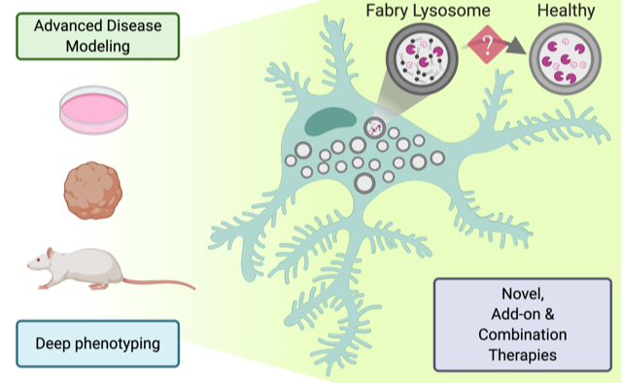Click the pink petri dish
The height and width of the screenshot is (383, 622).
(x=93, y=110)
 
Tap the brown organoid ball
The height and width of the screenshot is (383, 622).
(x=93, y=191)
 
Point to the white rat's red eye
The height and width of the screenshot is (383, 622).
(x=38, y=260)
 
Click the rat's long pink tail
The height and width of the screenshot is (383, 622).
(x=158, y=283)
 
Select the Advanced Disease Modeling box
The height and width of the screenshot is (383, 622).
(x=97, y=36)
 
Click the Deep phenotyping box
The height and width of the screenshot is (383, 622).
(x=97, y=344)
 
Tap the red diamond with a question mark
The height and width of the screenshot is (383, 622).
(x=487, y=45)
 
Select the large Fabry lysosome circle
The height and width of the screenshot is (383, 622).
(x=422, y=58)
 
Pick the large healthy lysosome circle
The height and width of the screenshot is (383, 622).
(x=566, y=58)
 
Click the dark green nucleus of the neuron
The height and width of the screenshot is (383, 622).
(x=330, y=122)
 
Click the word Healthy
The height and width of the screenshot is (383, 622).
(x=566, y=11)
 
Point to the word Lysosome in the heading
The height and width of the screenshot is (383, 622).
(x=451, y=11)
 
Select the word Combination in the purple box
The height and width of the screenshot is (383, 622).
(x=523, y=334)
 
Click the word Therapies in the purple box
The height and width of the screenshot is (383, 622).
(x=523, y=355)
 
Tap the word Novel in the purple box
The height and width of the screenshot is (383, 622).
(x=523, y=295)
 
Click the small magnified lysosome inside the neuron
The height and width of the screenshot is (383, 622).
(x=374, y=127)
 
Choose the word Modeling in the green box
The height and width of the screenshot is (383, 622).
(x=97, y=47)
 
